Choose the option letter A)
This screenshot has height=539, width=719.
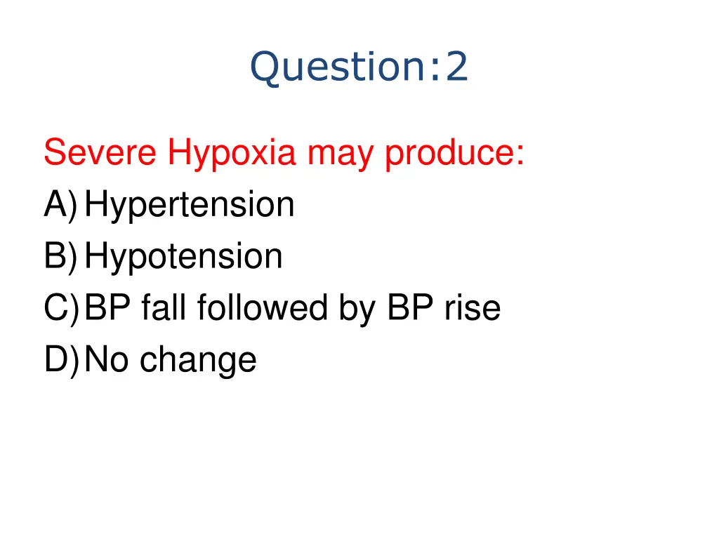(60, 205)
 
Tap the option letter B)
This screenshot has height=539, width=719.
(60, 256)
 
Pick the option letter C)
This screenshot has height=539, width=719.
(60, 308)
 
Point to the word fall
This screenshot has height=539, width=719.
(164, 308)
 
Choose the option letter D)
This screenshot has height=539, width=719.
(60, 359)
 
